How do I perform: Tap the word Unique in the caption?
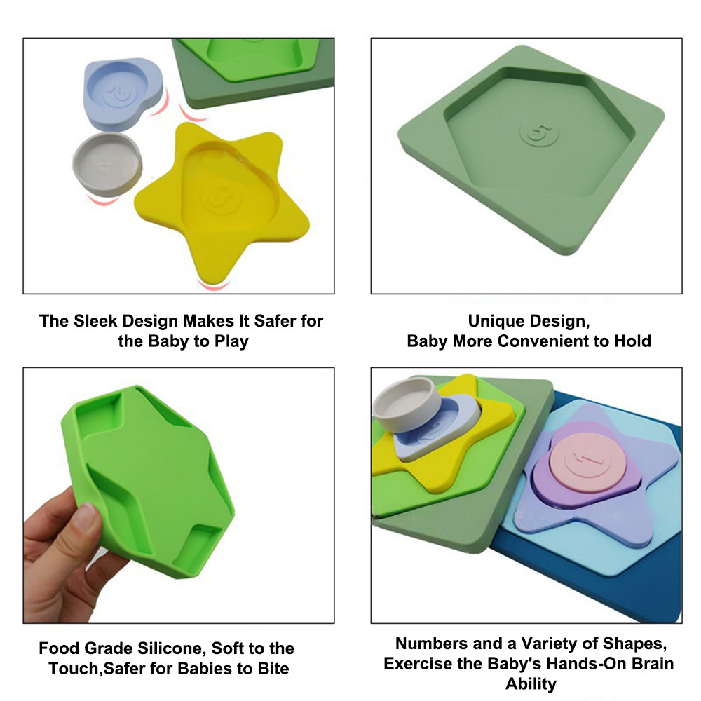click(x=495, y=321)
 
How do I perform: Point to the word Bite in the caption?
click(x=273, y=668)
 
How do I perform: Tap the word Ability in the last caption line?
click(x=531, y=683)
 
